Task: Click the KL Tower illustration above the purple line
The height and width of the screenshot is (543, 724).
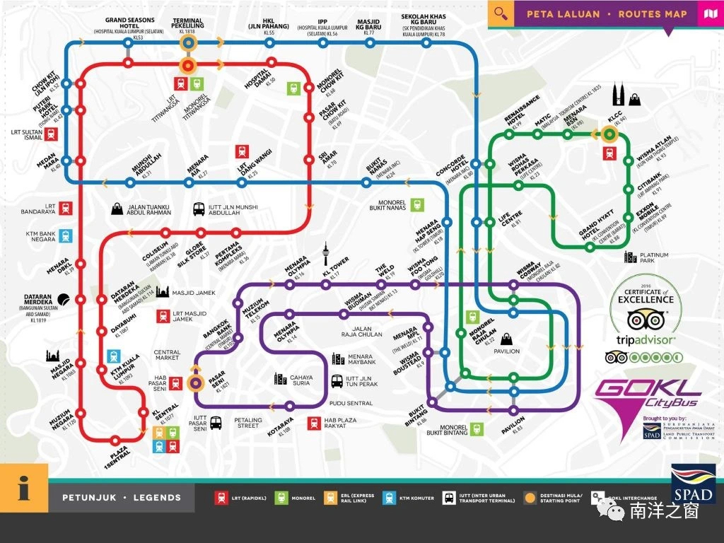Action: pos(326,254)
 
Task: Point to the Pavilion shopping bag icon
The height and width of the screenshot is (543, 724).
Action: pos(506,339)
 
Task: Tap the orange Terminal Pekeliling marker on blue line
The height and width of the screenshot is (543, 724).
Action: pos(188,43)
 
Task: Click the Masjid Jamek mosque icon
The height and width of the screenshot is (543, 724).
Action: pos(162,292)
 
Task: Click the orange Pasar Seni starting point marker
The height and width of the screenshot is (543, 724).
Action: pos(196,383)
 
